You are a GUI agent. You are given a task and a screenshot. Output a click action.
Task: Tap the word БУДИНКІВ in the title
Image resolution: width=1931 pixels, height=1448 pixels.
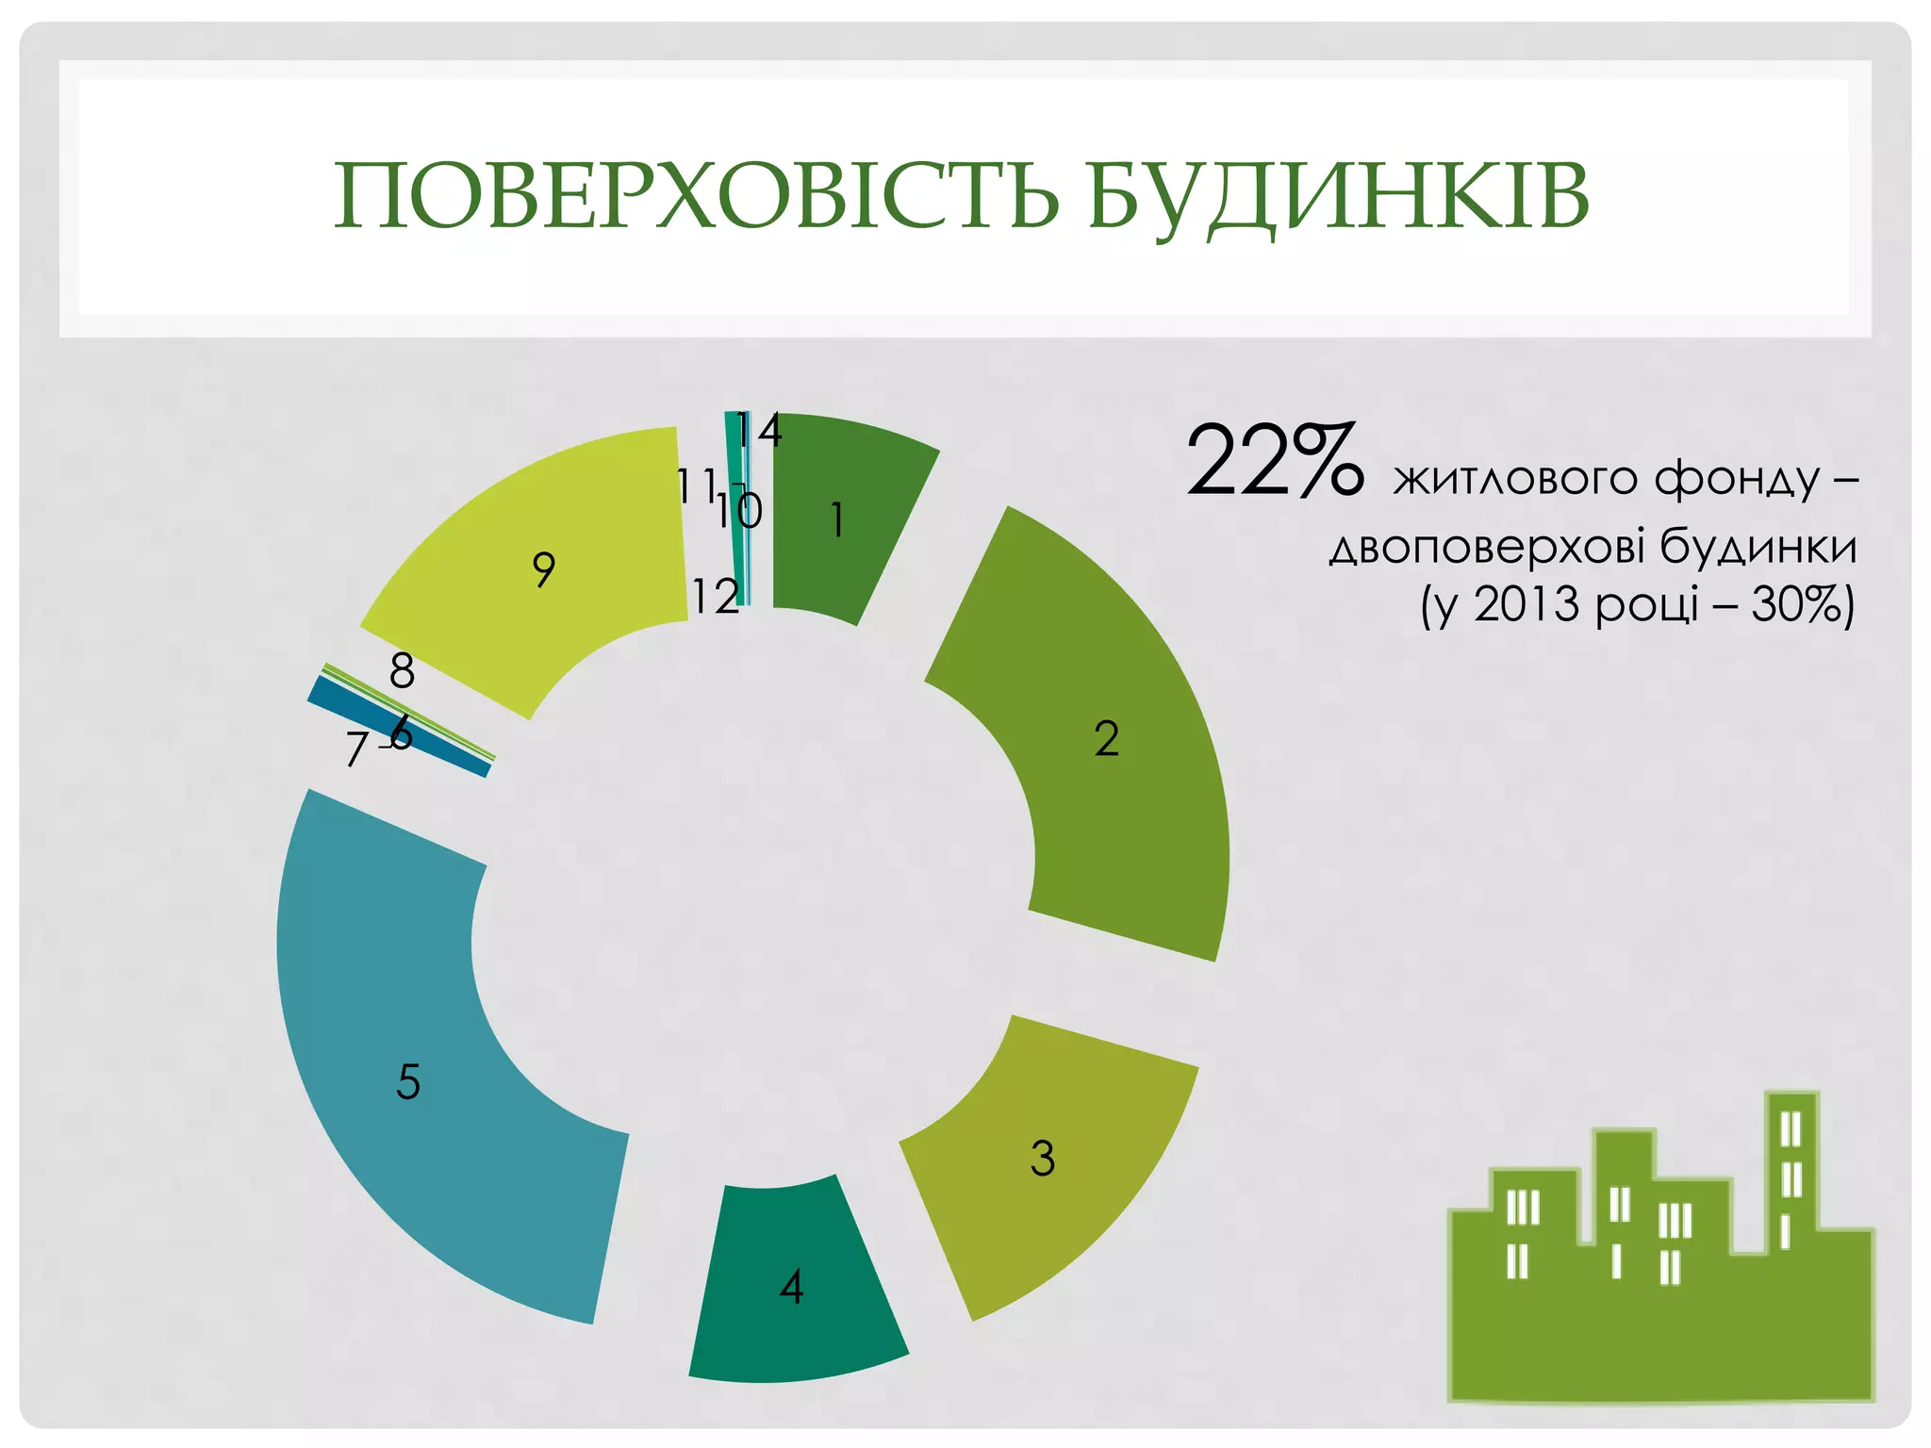(1338, 195)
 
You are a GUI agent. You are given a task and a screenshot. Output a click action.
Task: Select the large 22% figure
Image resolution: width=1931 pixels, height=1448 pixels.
(1273, 461)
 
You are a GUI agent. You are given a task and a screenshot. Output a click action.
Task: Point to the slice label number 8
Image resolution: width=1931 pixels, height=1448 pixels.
(402, 671)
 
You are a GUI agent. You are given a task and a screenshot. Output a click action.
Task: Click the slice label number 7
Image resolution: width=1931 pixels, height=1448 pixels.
(355, 750)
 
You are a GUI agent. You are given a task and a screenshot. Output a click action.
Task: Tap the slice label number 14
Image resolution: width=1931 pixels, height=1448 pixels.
(759, 430)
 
